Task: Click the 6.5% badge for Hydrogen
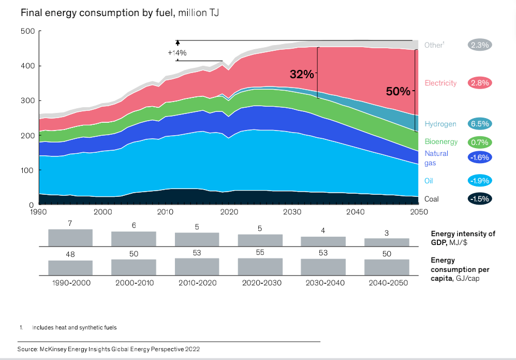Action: [479, 124]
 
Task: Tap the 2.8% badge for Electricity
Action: [479, 83]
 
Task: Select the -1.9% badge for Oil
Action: [479, 181]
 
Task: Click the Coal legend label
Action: [432, 199]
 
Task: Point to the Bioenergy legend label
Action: [441, 141]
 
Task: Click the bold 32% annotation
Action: [302, 74]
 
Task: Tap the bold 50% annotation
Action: [398, 92]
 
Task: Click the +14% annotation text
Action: [177, 53]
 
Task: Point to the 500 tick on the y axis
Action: [27, 31]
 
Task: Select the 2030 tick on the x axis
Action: [292, 212]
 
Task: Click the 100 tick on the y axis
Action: [27, 170]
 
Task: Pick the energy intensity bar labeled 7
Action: [70, 237]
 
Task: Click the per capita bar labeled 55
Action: [260, 266]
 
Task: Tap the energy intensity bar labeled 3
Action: [387, 242]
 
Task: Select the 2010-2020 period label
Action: [197, 283]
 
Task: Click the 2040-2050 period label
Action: [387, 283]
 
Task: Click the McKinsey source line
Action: [109, 349]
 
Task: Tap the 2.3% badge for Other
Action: [479, 45]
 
